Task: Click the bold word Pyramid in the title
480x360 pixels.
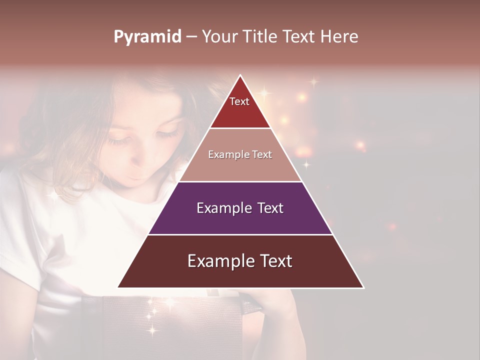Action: coord(147,37)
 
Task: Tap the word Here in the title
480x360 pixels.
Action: coord(339,36)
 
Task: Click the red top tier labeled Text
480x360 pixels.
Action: coord(240,107)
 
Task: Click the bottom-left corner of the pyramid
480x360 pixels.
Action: coord(118,287)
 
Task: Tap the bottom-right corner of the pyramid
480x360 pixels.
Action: coord(363,287)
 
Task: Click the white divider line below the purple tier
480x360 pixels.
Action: coord(240,234)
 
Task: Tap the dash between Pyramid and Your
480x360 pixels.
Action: coord(191,37)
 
